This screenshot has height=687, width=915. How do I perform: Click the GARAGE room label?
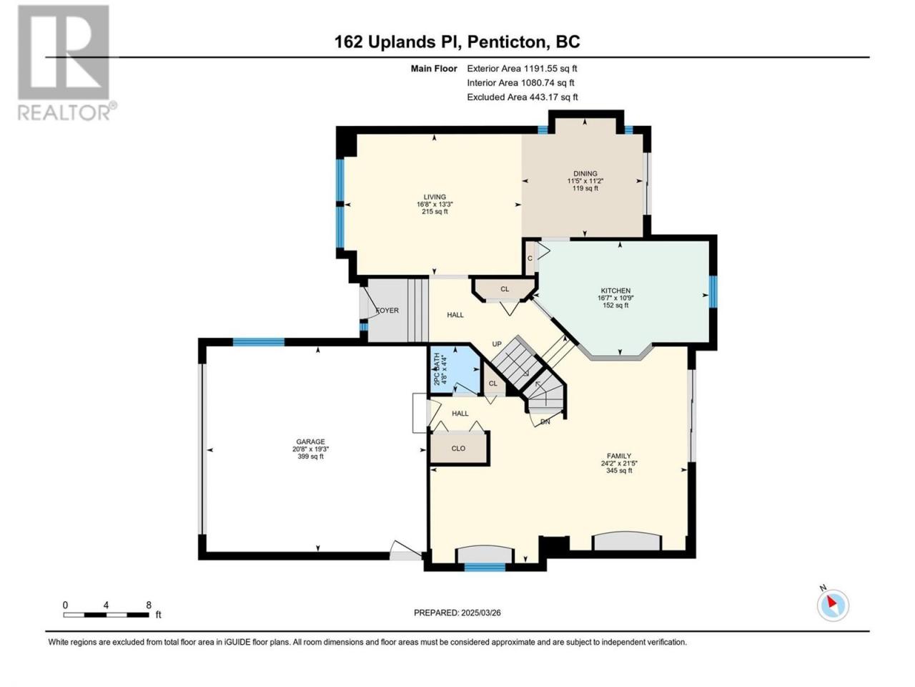coord(310,442)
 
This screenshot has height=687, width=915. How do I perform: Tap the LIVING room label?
coord(435,197)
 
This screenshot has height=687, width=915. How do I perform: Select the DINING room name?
coord(585,173)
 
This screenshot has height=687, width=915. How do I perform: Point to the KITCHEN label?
coord(615,291)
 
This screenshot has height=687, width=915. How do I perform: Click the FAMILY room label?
coord(618,456)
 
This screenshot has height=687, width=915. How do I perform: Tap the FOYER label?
coord(387,311)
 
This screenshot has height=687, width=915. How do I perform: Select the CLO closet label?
coord(458,449)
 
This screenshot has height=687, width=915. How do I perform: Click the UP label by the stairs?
coord(497,344)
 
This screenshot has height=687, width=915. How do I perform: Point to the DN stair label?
coord(545,422)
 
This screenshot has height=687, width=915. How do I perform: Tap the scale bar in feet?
coord(107,615)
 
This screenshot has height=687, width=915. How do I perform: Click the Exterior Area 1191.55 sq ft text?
coord(522,69)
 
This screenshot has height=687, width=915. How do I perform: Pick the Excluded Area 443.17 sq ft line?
coord(523,97)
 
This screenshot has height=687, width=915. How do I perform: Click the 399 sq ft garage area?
coord(310,457)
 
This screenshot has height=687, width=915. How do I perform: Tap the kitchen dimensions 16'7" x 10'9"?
coord(615,298)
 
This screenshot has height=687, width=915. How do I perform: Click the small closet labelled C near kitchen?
coord(530,258)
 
